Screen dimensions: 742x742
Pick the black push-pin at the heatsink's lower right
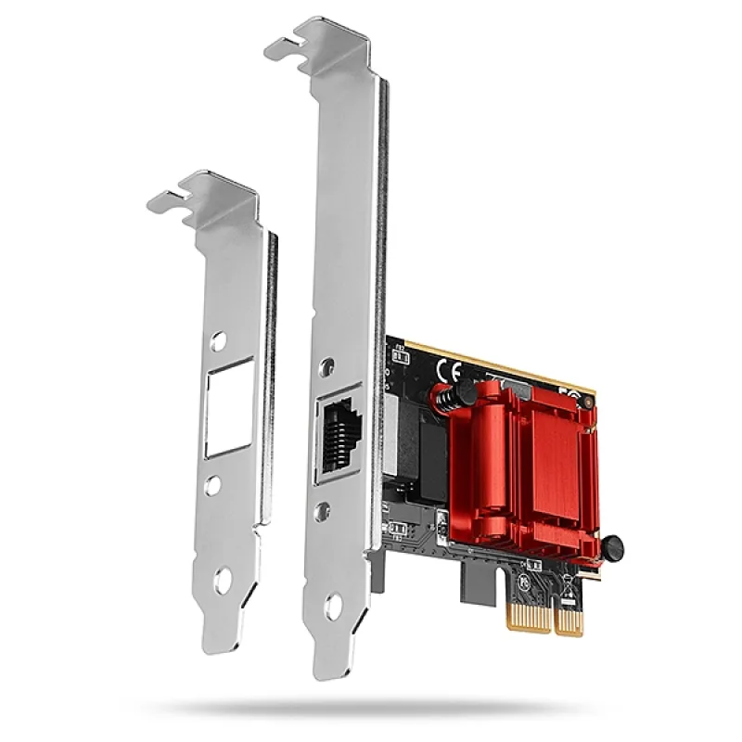pos(613,548)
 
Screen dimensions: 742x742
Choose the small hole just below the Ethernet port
pos(321,509)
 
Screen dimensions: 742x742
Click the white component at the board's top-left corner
pos(400,355)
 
